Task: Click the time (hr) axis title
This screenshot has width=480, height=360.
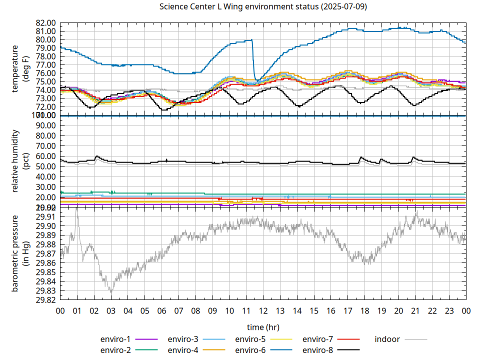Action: [263, 327]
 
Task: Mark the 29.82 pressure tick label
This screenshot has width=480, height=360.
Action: [44, 300]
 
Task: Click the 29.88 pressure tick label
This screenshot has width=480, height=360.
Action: [44, 244]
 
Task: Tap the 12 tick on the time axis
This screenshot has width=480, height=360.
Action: [263, 310]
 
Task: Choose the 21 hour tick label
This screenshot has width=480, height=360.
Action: [415, 310]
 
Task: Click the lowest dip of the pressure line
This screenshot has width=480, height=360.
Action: [111, 292]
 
